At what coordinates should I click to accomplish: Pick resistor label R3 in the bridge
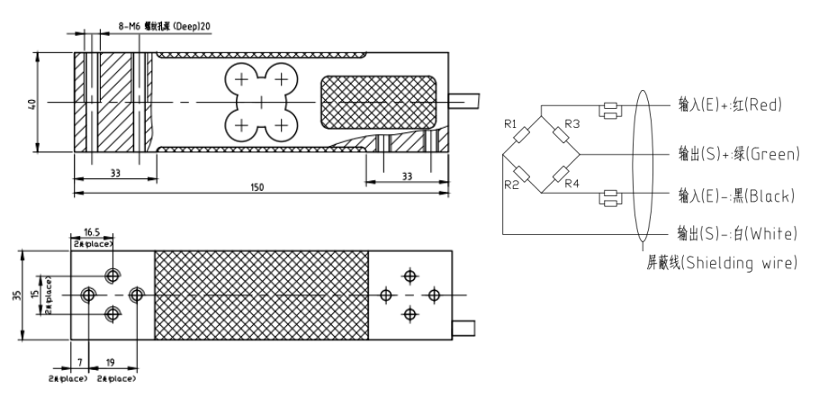coord(572,122)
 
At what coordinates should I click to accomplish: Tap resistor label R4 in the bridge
coord(572,185)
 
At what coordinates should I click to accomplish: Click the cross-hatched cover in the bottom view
coord(262,295)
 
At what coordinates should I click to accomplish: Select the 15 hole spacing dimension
coord(50,294)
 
